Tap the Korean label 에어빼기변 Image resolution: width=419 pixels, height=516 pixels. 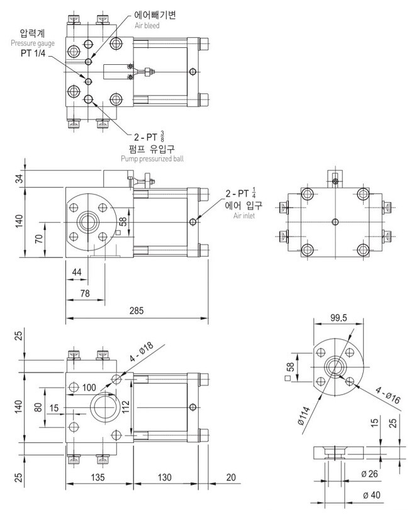154,14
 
